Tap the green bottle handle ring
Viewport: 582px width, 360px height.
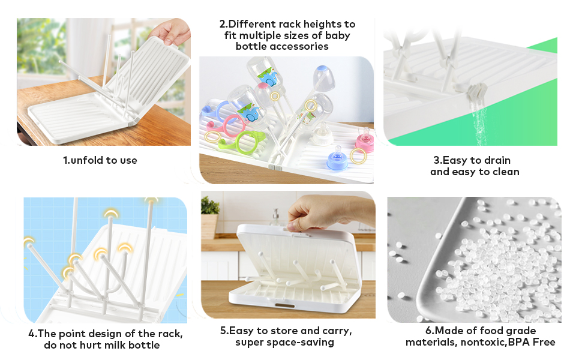point(246,143)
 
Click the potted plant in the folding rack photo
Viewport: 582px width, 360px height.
point(209,216)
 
